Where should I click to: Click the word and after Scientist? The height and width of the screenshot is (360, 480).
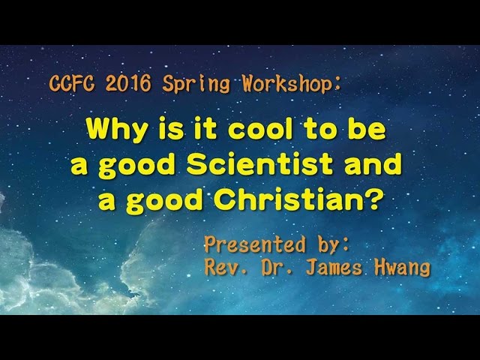376,166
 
